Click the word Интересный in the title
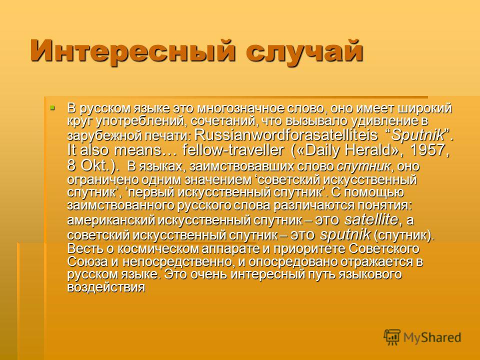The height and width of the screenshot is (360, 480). pos(133,51)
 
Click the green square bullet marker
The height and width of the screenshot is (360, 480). pos(52,108)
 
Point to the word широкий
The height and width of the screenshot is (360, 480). pos(424,108)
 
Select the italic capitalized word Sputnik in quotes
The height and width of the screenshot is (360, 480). pos(418,135)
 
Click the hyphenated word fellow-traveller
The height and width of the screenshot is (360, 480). pos(233,150)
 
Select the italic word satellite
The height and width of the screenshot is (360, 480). pos(372,219)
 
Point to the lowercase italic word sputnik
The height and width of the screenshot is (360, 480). pos(345,234)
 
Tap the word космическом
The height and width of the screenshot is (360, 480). pos(158,248)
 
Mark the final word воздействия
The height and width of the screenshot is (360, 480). pos(106,287)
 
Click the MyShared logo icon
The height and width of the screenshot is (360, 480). pos(392,337)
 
